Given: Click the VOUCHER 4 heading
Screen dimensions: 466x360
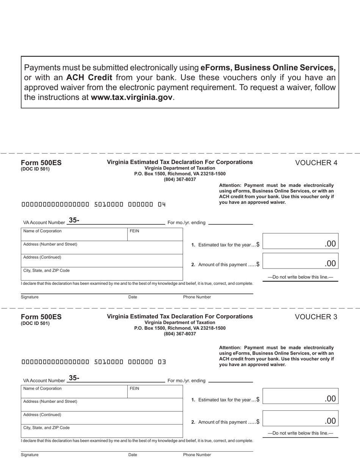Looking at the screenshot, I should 316,163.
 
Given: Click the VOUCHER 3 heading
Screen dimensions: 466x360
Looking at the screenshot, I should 316,317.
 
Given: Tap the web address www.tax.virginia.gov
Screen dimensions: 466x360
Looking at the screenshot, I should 131,97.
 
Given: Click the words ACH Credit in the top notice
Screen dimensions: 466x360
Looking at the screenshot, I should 89,78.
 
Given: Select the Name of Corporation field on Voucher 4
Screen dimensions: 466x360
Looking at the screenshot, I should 74,235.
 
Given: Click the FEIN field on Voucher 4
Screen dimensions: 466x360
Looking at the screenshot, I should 155,235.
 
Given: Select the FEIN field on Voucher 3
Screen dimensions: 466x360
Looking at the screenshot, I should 155,392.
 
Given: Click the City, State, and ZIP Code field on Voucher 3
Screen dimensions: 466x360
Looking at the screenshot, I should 102,431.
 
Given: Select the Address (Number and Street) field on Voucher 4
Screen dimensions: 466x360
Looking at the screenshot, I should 102,248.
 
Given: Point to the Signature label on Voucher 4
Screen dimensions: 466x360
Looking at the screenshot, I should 30,297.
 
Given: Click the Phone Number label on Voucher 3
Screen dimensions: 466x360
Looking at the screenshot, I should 197,455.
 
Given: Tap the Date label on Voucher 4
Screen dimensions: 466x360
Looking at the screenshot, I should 133,297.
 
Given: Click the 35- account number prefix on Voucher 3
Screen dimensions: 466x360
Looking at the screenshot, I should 74,378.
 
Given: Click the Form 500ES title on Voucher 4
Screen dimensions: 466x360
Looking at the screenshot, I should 41,163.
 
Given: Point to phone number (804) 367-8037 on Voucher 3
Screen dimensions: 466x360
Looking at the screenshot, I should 180,334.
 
